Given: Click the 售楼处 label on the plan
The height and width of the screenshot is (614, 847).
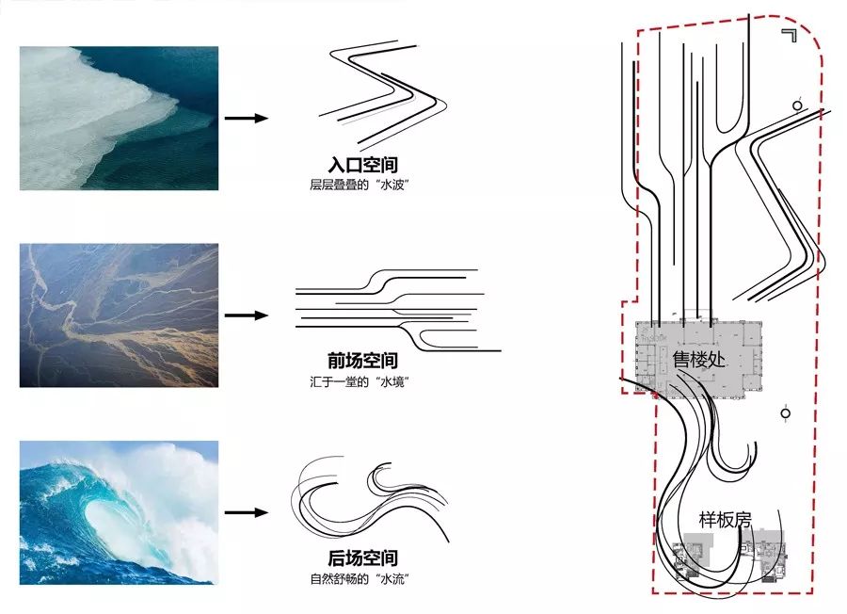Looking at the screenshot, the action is [x=697, y=359].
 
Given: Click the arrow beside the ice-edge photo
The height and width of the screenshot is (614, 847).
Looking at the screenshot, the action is [x=246, y=118].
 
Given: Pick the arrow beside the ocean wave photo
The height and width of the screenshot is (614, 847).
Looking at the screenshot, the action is [x=246, y=512].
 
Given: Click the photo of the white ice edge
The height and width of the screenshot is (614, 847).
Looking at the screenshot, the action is [x=119, y=119].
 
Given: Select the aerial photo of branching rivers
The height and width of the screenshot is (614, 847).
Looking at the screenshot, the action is [x=119, y=315].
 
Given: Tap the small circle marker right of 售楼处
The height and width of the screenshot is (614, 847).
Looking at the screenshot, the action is [x=786, y=412].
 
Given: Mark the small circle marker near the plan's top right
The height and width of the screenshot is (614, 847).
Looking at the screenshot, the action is [x=798, y=105].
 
